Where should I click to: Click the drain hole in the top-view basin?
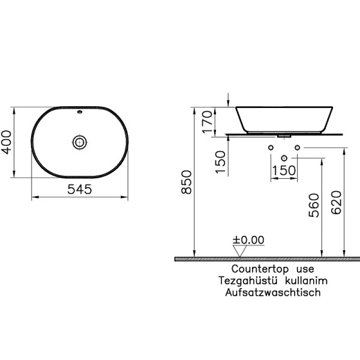[80, 142]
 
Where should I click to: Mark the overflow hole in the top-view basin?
[80, 112]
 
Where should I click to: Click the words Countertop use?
[262, 269]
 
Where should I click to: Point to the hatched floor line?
[267, 259]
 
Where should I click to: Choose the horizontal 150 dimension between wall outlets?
[283, 170]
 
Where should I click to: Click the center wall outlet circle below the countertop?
[284, 158]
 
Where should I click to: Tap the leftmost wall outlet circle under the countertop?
[271, 148]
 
